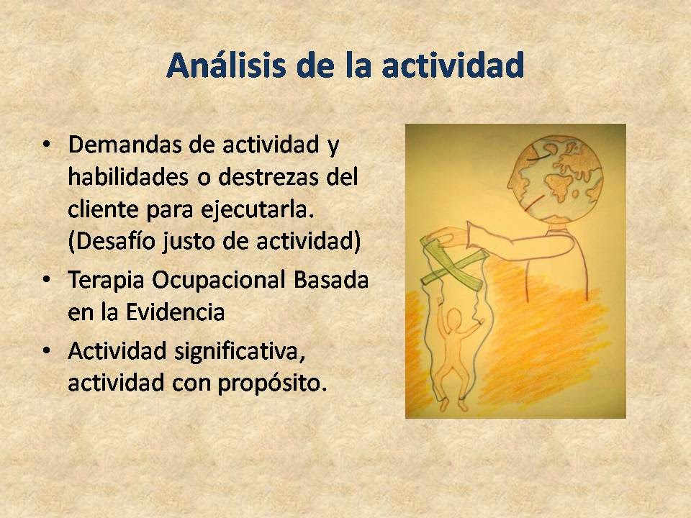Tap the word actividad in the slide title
[453, 65]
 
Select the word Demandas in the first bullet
[125, 145]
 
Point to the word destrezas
[268, 177]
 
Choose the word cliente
[103, 209]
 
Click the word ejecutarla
[258, 209]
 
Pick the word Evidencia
[176, 312]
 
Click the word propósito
[272, 383]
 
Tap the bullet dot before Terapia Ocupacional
[46, 280]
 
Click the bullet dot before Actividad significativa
[46, 351]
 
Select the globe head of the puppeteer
[555, 179]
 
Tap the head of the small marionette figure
[453, 317]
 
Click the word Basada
[331, 279]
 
